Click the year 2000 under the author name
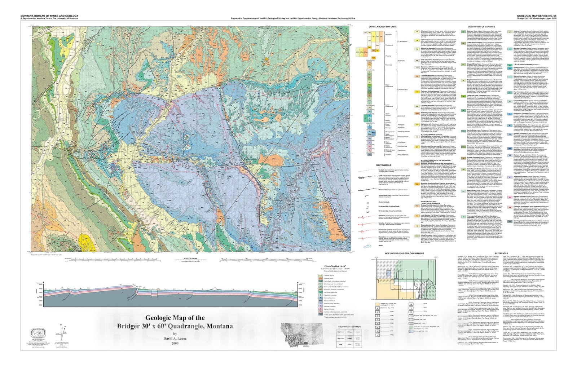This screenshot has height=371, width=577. (x=175, y=343)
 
